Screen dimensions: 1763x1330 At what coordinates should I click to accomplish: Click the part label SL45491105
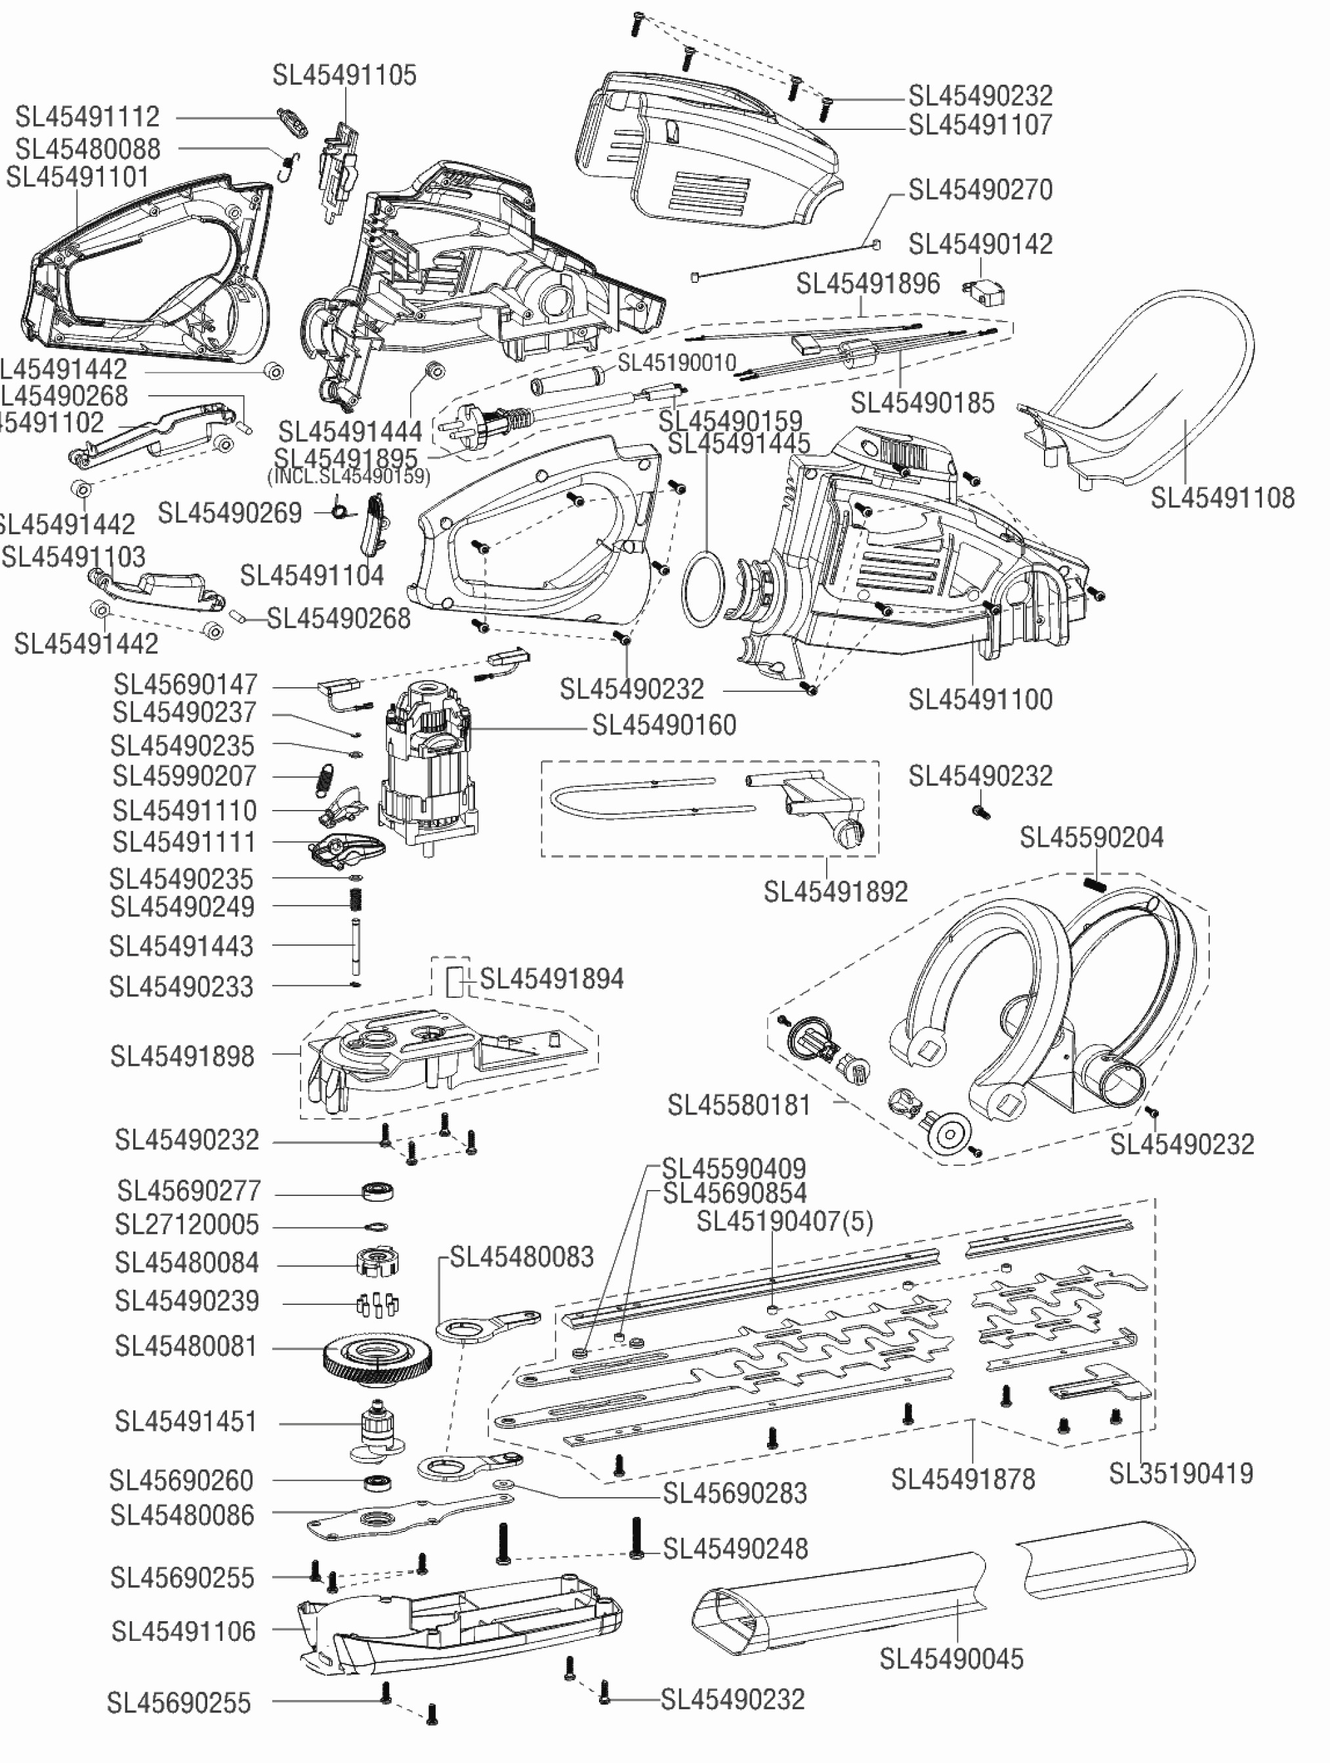tap(344, 75)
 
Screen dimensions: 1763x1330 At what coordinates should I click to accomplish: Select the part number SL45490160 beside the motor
tap(664, 725)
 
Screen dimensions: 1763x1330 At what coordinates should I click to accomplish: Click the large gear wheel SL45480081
tap(379, 1354)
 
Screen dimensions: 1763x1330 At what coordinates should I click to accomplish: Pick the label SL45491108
tap(1222, 498)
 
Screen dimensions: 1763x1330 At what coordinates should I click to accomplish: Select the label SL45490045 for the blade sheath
tap(951, 1659)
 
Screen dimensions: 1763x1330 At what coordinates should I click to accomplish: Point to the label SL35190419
tap(1181, 1474)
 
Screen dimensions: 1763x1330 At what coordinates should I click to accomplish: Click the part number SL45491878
tap(963, 1479)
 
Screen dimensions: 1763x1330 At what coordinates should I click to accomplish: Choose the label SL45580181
tap(739, 1105)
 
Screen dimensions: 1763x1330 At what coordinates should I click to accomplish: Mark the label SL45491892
tap(835, 892)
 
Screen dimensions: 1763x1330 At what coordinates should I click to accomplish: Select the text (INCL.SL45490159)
tap(348, 477)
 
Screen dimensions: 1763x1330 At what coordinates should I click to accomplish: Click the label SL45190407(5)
tap(784, 1221)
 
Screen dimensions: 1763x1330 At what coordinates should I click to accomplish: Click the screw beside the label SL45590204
tap(1095, 883)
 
